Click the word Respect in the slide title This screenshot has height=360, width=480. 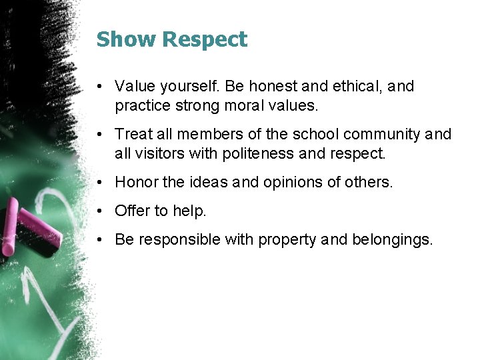coord(205,41)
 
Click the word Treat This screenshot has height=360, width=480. coord(133,135)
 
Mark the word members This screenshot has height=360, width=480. coord(207,135)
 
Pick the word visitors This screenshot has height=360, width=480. coord(155,153)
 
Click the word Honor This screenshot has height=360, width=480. coord(135,182)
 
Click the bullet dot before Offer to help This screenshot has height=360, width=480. coord(99,211)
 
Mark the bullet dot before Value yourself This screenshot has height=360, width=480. coord(99,87)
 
